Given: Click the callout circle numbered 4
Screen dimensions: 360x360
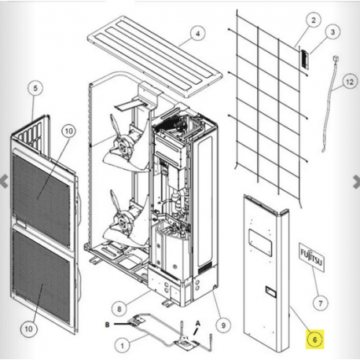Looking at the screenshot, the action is [197, 34].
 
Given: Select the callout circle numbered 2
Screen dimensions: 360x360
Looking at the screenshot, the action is [314, 20].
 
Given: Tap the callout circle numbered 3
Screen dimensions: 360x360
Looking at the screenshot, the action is [332, 32].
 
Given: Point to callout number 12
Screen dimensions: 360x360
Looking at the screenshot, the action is [350, 82].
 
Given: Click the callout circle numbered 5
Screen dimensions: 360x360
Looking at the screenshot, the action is [35, 88].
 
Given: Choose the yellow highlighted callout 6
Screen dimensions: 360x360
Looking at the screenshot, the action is [314, 340].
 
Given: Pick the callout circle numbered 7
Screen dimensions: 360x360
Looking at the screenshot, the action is [320, 303].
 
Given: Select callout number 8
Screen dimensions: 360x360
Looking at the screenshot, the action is [119, 309].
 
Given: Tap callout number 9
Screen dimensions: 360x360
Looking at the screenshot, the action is [223, 325].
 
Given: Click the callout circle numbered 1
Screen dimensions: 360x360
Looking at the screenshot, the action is [123, 346].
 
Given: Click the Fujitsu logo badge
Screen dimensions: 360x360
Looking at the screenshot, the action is [311, 257].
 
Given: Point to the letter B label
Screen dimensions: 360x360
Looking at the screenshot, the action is [107, 325].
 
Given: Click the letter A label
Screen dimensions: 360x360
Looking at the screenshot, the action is [198, 324].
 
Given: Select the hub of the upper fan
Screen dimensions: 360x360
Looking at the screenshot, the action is [122, 146].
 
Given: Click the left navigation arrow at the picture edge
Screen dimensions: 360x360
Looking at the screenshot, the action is [4, 182].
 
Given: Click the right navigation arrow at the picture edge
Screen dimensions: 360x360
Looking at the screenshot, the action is [356, 182].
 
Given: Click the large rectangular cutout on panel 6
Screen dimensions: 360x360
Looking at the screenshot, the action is [260, 241].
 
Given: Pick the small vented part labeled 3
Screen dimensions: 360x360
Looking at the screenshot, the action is [304, 60].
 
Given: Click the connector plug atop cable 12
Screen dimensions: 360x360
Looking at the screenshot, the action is [336, 58].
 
